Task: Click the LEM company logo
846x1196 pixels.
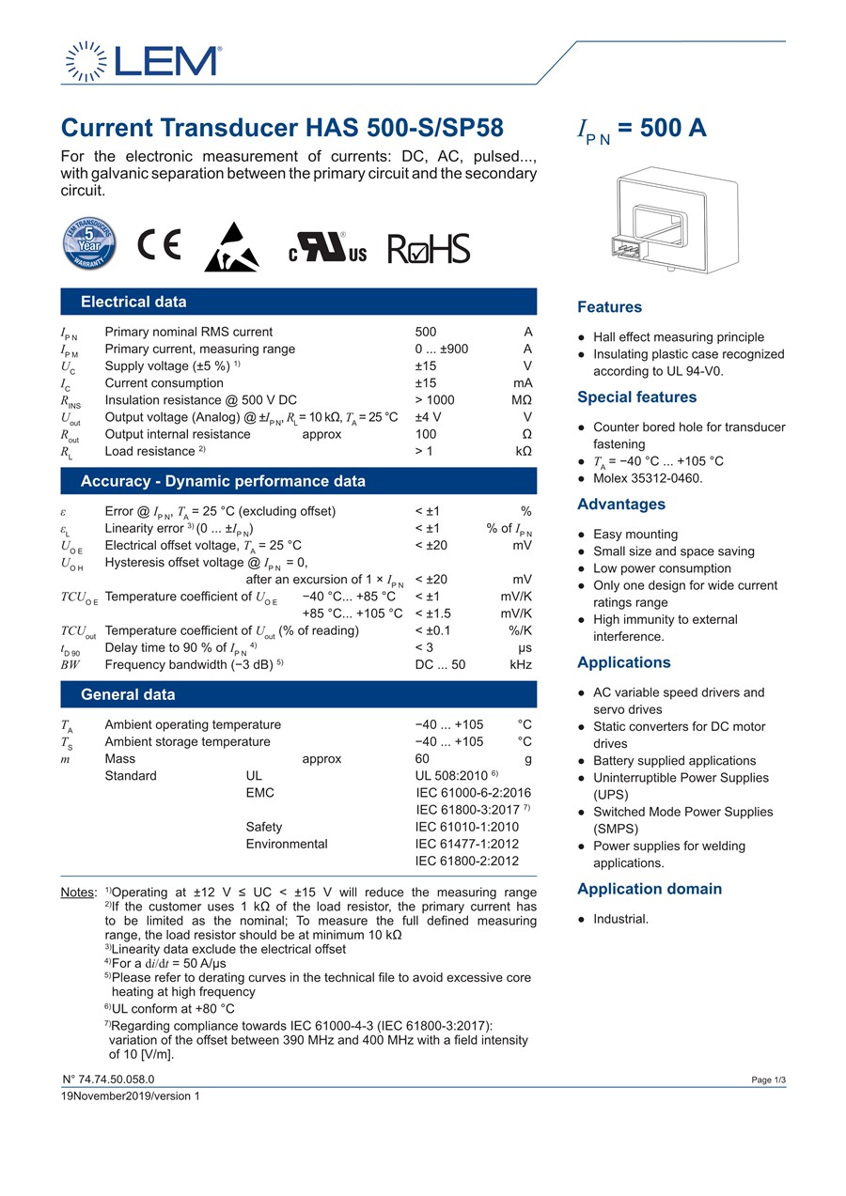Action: tap(142, 60)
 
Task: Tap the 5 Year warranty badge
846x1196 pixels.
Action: tap(88, 243)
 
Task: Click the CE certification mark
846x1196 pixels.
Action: tap(159, 244)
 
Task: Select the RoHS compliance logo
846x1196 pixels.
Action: tap(429, 248)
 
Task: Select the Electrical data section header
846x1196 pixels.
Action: tap(133, 302)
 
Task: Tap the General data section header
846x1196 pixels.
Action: tap(128, 694)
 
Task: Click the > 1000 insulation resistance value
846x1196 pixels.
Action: tap(434, 400)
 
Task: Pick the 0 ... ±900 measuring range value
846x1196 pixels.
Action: tap(441, 349)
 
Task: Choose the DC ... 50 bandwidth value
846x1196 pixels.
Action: tap(440, 664)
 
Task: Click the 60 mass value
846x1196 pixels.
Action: tap(422, 758)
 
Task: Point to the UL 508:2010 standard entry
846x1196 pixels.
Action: tap(452, 775)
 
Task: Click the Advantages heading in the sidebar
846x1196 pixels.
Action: tap(620, 505)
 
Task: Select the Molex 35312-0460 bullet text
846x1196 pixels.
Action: tap(647, 478)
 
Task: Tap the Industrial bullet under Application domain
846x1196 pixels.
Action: tap(620, 919)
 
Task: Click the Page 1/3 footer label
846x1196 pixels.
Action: tap(768, 1080)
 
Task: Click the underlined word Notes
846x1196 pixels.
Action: tap(77, 893)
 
